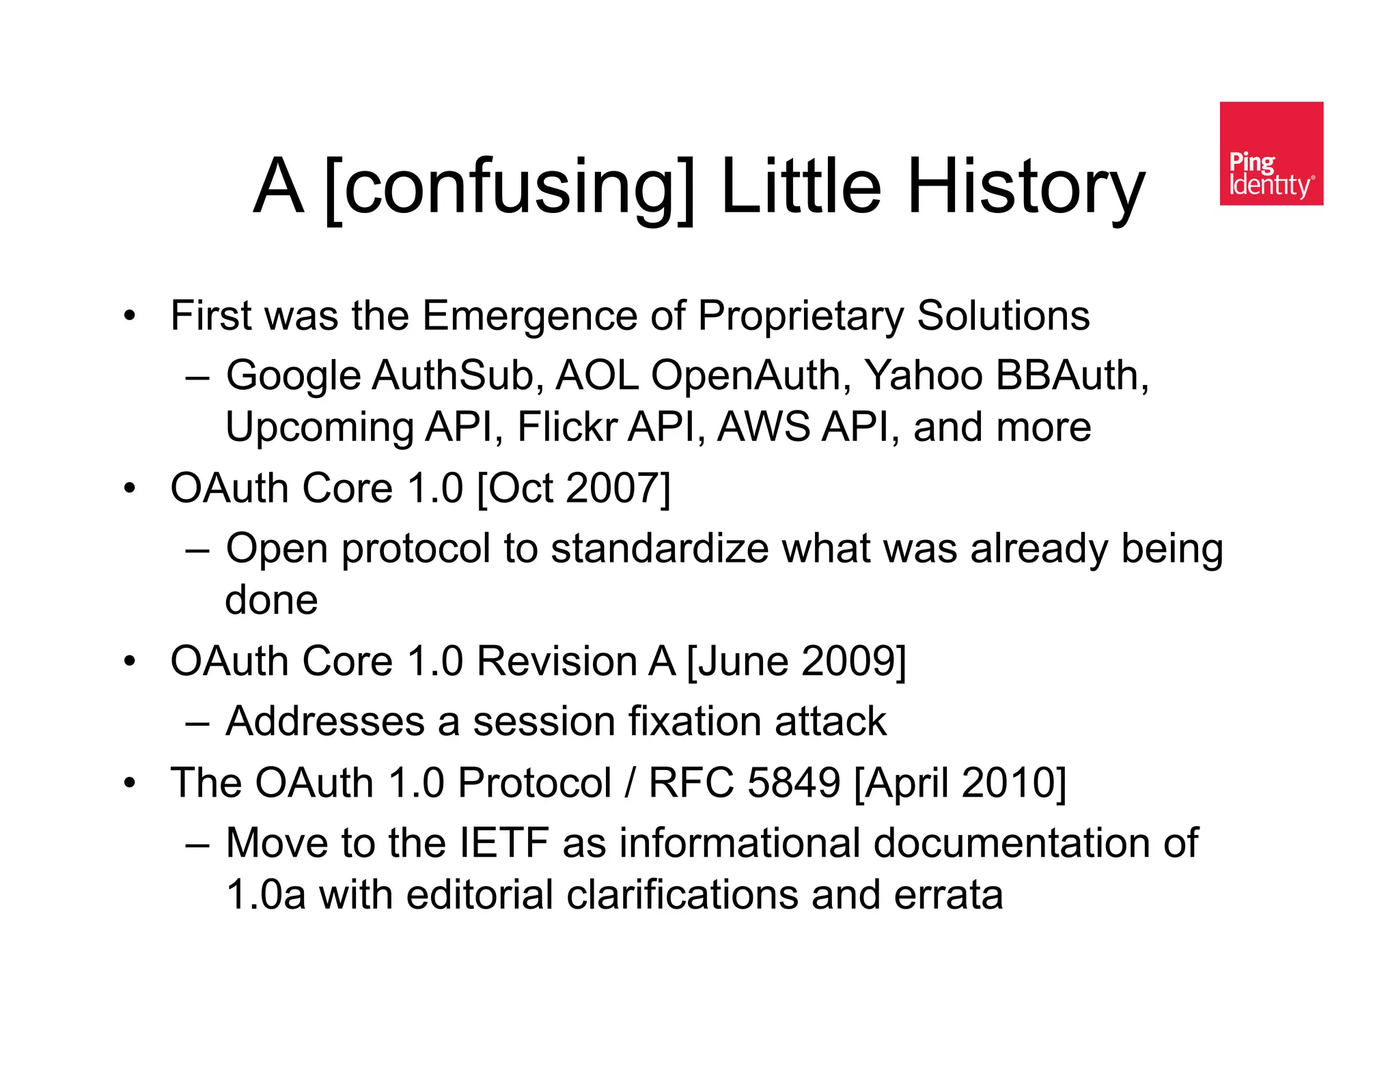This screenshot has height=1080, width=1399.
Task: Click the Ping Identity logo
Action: pos(1271,154)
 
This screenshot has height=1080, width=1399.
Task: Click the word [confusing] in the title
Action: pos(509,186)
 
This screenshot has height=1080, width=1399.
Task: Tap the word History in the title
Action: pos(1025,186)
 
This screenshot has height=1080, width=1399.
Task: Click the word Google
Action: pos(293,376)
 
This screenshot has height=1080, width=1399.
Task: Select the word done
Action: pos(271,600)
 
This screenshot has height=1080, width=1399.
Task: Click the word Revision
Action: pos(557,662)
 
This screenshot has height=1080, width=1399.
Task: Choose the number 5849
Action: pos(793,782)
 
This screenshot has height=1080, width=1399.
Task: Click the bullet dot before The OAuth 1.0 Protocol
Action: pos(130,783)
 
